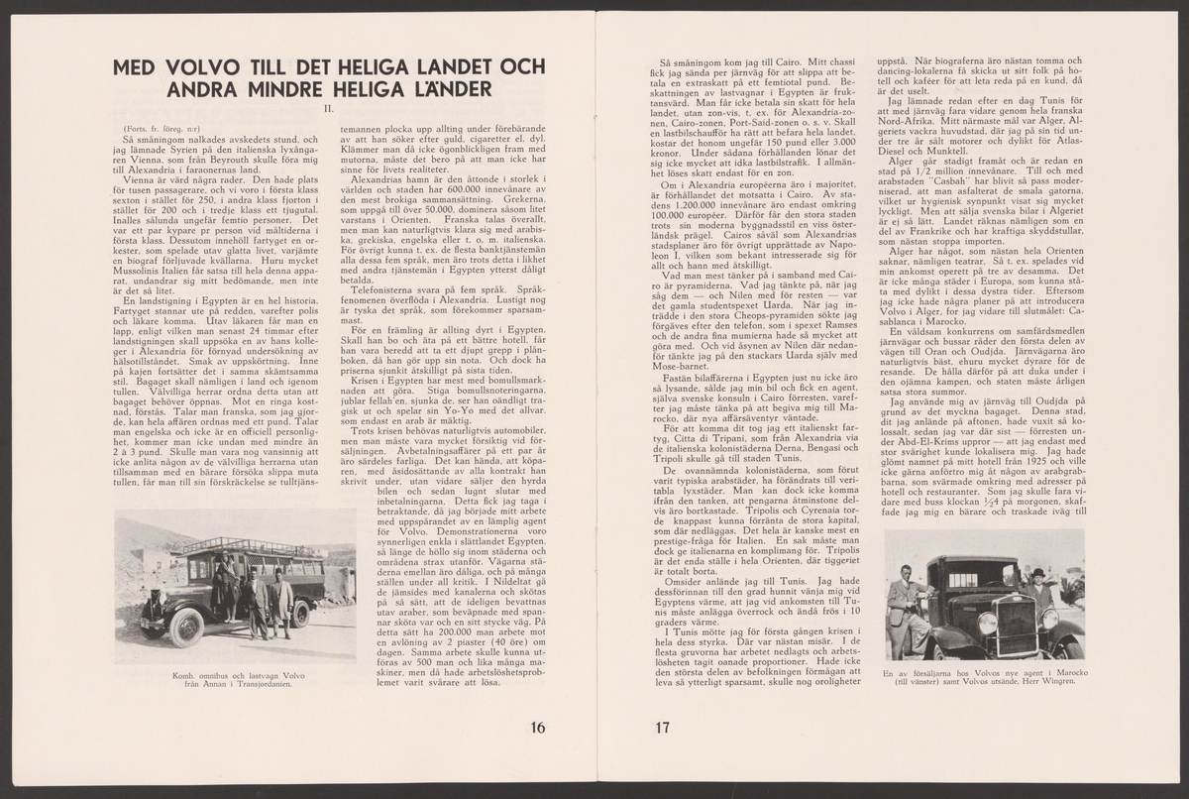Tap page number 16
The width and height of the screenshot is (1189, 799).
[538, 728]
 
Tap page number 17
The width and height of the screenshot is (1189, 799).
[664, 728]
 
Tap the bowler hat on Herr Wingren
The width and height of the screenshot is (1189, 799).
[1037, 573]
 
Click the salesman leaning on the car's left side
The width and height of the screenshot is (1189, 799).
[905, 607]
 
